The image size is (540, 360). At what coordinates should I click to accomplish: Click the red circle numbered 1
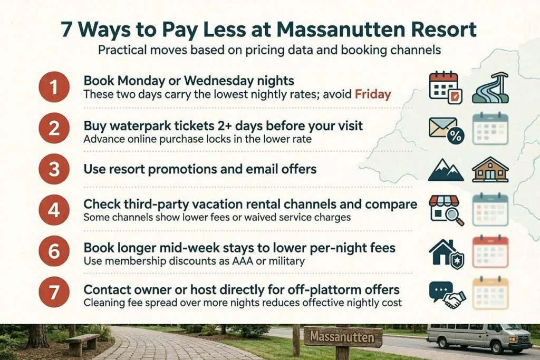(54, 87)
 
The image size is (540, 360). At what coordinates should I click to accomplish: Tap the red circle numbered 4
(54, 210)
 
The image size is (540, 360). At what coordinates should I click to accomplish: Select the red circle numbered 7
(54, 292)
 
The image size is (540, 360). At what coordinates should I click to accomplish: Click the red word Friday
(373, 94)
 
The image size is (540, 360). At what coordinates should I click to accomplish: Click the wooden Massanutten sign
(342, 336)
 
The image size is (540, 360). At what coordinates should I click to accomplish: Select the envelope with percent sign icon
(446, 130)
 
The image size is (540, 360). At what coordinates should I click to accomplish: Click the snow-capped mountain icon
(446, 170)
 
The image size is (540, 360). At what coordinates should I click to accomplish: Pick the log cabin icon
(490, 169)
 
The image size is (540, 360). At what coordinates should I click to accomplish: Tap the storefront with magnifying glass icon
(446, 210)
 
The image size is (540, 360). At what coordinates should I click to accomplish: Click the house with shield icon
(446, 254)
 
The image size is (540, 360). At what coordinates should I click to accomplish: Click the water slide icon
(490, 88)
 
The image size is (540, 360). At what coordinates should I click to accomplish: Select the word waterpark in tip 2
(130, 126)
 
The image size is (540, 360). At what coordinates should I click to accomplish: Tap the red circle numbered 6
(54, 251)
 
